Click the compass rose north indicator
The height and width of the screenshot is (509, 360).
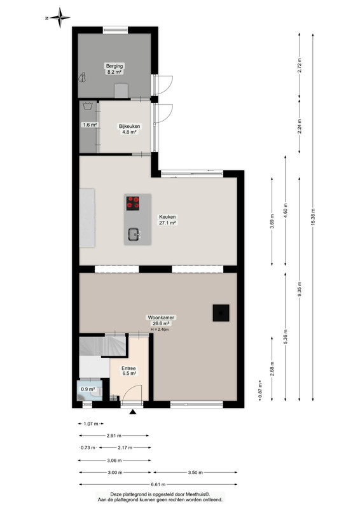point(59,18)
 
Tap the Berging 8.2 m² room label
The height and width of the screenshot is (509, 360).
point(114,69)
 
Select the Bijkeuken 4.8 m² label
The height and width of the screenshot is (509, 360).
point(129,129)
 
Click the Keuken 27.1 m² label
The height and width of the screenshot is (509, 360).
point(167,220)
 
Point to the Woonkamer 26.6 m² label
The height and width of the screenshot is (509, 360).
point(161,321)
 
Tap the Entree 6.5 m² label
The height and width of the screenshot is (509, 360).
point(128,371)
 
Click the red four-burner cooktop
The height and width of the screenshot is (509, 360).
point(133,203)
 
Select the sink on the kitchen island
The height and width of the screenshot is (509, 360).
point(134,234)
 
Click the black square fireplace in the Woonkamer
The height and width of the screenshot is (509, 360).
point(221,313)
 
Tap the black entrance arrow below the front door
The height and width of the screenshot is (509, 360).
point(132,412)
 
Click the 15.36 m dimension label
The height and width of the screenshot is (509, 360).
point(312,216)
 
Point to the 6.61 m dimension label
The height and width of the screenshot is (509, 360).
point(158,484)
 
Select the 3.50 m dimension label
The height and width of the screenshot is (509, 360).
point(195,472)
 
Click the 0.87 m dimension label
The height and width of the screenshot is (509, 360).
point(260,391)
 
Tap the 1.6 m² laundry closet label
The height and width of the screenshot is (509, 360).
point(89,125)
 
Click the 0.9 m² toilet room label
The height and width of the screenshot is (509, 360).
point(88,389)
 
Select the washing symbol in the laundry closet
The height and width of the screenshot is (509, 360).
point(87,106)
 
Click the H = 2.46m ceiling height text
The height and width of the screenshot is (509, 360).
point(160,329)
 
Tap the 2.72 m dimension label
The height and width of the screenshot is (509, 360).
point(299,65)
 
